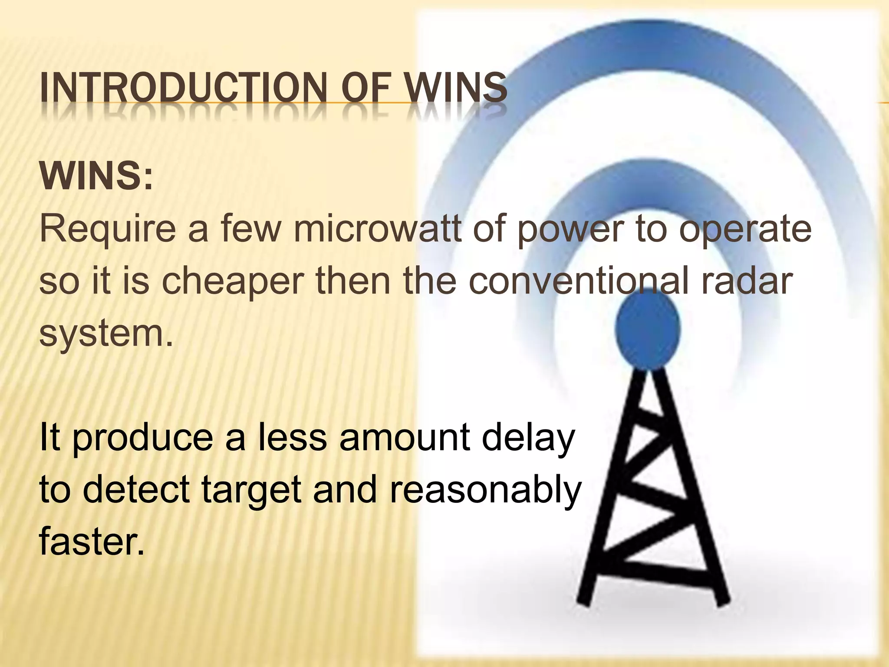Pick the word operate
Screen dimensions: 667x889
[745, 230]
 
